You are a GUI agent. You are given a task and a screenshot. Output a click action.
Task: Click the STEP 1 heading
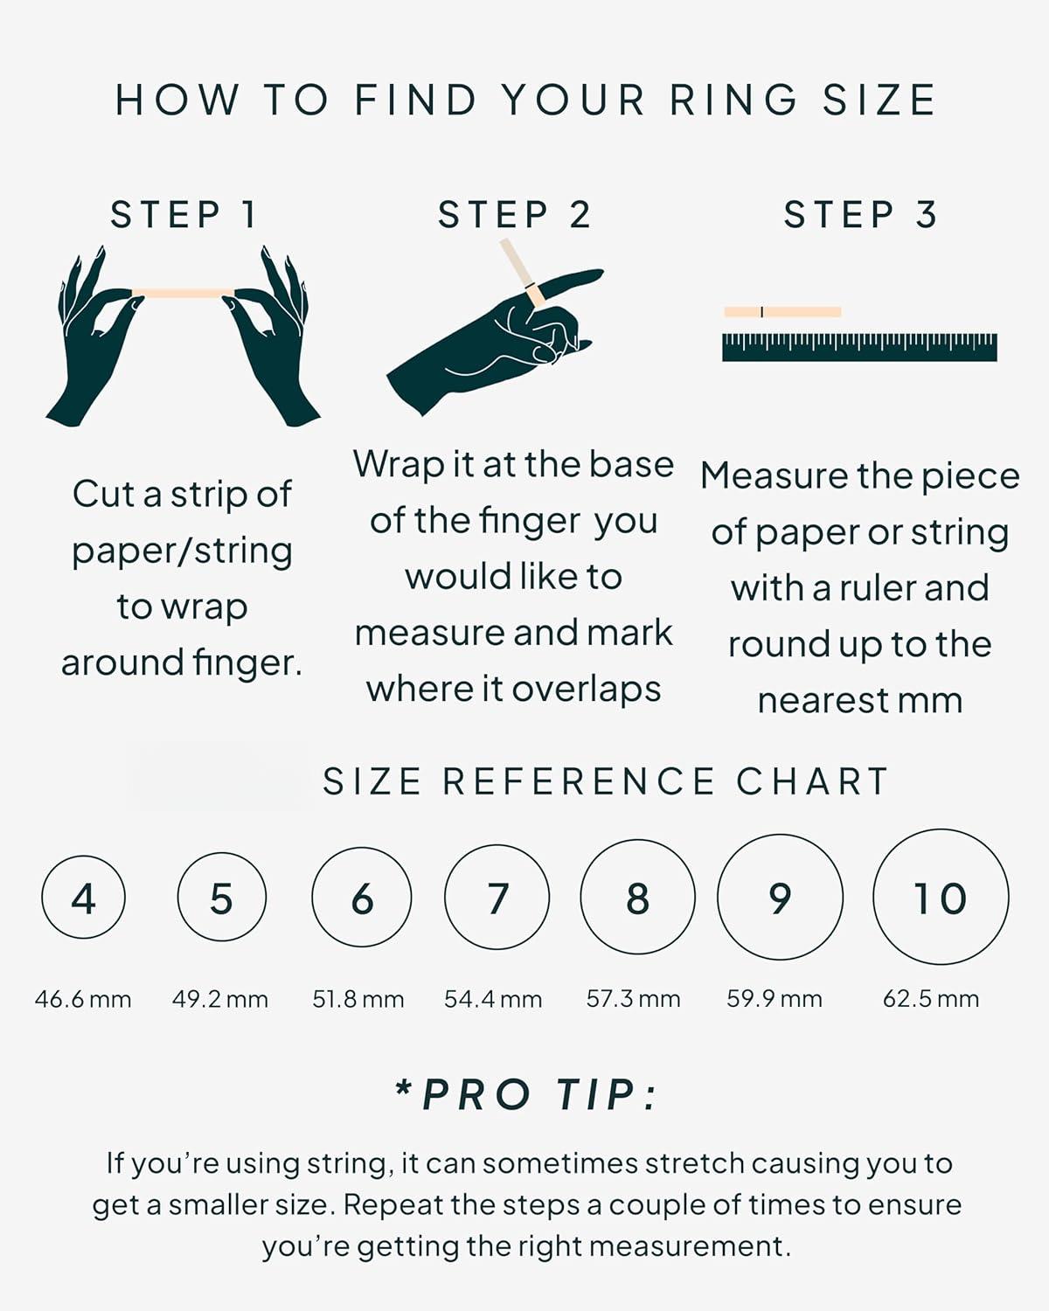pos(183,214)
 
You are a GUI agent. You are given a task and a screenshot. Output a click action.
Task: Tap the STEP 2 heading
pos(514,214)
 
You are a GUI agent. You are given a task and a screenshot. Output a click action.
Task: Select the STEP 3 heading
pos(860,214)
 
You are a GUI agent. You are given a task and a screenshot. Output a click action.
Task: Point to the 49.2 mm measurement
pos(220,1000)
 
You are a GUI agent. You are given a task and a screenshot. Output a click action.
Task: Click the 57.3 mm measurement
pos(633,999)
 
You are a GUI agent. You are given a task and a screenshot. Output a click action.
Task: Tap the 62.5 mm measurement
pos(931,999)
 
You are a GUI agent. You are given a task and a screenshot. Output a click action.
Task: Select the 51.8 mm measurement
pos(358,1000)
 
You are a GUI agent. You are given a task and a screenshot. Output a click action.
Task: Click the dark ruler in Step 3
pos(859,347)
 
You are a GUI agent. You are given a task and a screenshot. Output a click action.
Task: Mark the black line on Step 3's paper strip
pos(762,312)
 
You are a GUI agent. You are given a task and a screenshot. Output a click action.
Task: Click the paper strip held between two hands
pos(184,293)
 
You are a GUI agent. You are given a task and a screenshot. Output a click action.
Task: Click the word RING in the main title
pos(734,100)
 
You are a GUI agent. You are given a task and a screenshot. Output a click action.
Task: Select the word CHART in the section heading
pos(812,781)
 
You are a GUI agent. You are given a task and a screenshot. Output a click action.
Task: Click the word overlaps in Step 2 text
pos(587,690)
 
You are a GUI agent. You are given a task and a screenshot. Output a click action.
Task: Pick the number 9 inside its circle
pos(780,898)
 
